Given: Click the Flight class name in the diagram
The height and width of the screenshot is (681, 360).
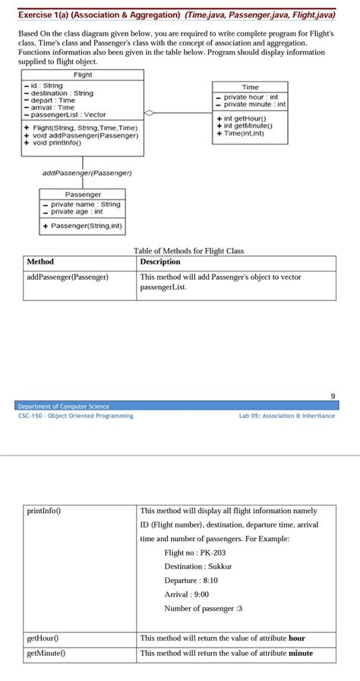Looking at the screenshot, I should pos(83,74).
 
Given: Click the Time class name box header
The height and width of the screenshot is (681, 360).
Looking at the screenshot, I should pos(250,87).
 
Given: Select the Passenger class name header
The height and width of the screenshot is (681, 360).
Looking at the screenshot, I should pos(82,195).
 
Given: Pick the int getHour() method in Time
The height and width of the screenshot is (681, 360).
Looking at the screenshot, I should pos(243,118).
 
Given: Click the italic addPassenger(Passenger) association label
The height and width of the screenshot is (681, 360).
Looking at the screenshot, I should pos(87,173).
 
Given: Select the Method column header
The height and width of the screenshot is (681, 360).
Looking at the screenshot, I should pos(40,261).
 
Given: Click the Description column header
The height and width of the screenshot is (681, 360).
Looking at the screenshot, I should pos(161,261).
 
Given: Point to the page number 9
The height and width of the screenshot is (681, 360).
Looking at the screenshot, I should pos(333,396).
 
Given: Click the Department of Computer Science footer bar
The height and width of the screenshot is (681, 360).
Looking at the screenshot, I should pos(64,406).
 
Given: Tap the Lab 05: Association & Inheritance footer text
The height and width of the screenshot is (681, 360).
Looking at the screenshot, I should pos(286,416).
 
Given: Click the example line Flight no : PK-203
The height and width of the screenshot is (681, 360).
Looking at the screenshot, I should pos(195,553).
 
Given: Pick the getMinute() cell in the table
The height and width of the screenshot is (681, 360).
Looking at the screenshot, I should pos(45,653).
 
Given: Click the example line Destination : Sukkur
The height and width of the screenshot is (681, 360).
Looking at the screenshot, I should pos(198,566).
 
